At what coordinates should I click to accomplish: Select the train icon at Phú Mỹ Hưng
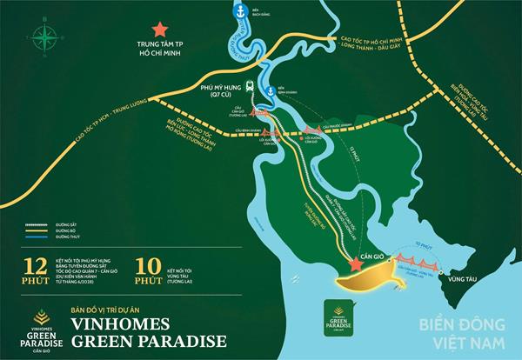click(x=251, y=86)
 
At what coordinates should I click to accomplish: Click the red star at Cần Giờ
click(x=355, y=263)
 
